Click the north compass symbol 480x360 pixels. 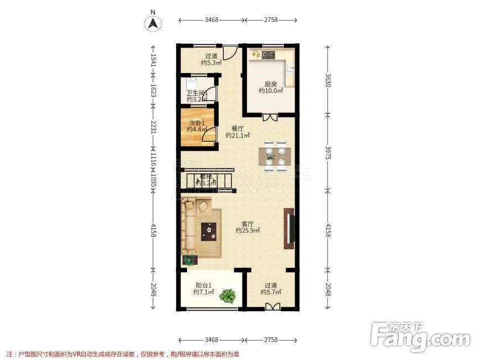click(x=153, y=23)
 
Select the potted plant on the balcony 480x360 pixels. click(x=226, y=296)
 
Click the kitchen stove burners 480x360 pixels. click(x=269, y=55)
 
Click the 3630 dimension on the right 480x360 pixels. click(x=328, y=81)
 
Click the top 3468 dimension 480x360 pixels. click(x=211, y=20)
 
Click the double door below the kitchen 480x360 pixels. click(x=270, y=117)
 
